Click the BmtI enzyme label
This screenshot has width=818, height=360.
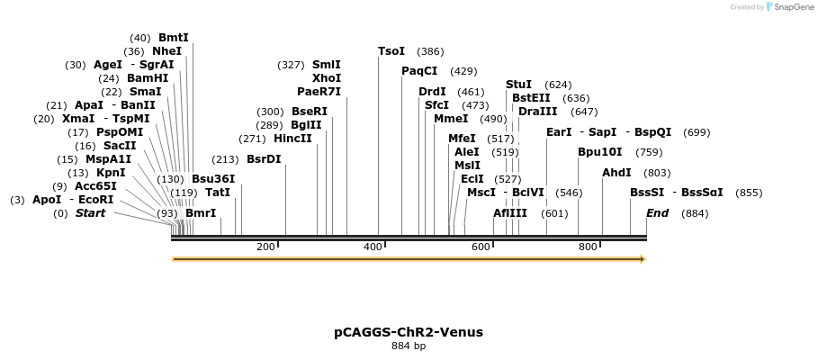click(174, 38)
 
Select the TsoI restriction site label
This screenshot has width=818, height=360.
click(391, 51)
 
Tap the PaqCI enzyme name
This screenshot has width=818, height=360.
click(419, 71)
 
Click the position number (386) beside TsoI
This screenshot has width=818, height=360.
click(430, 51)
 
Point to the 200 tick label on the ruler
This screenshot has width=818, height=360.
click(265, 247)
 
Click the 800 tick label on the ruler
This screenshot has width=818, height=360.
click(588, 247)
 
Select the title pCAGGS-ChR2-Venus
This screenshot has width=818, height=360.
click(409, 332)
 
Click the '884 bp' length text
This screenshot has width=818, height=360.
click(409, 346)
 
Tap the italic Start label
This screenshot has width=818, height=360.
click(90, 213)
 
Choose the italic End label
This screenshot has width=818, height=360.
click(657, 213)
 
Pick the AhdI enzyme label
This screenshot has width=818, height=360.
click(616, 173)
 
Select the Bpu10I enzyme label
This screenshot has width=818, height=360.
click(599, 152)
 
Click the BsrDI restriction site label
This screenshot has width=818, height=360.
click(264, 159)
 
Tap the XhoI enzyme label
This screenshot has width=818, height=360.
click(326, 78)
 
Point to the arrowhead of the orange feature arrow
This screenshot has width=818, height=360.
click(643, 259)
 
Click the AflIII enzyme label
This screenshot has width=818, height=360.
click(510, 213)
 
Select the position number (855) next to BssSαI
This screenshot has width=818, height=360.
click(749, 193)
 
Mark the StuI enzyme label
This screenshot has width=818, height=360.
click(518, 85)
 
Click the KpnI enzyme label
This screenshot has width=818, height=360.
click(111, 173)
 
